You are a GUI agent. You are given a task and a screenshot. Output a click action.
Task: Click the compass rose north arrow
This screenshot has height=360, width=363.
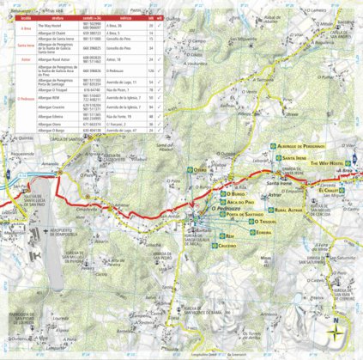click(x=337, y=332)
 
